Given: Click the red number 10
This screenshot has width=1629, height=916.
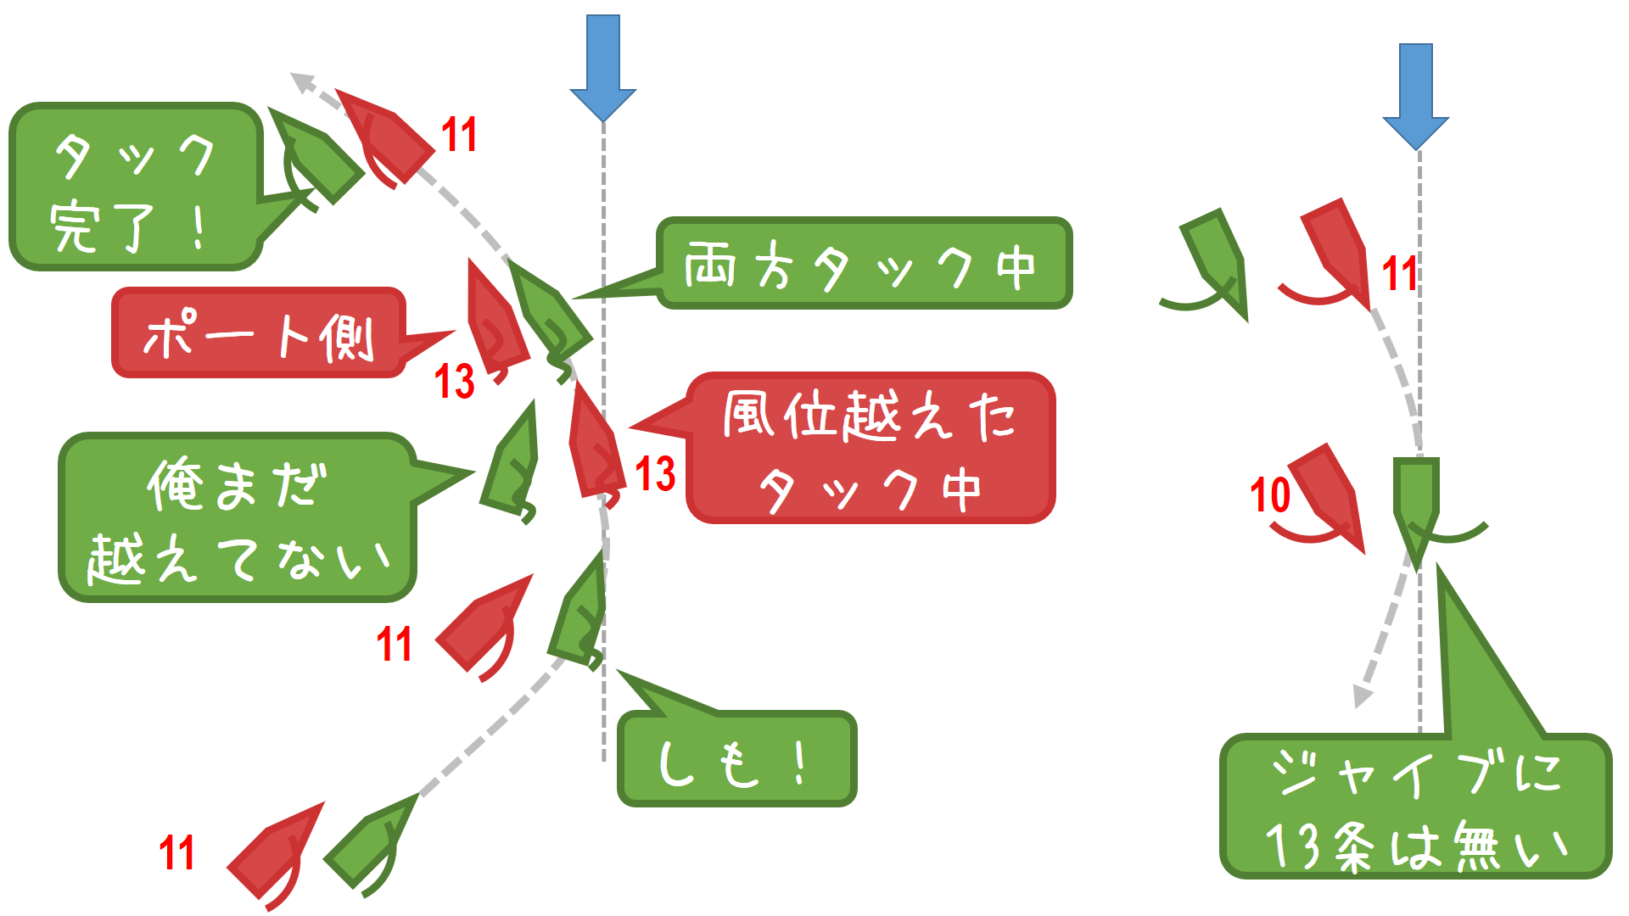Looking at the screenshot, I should tap(1270, 494).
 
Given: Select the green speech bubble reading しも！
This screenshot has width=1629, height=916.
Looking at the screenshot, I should tap(736, 760).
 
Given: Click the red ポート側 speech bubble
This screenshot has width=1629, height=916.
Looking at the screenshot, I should tap(259, 333).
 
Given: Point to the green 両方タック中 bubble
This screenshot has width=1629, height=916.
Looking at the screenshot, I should tap(863, 264).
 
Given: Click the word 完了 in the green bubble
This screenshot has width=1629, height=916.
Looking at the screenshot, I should tap(102, 227).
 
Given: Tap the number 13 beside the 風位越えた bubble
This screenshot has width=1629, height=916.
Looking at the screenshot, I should tap(655, 473).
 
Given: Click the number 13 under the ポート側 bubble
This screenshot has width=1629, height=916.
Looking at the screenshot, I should tap(455, 381).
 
